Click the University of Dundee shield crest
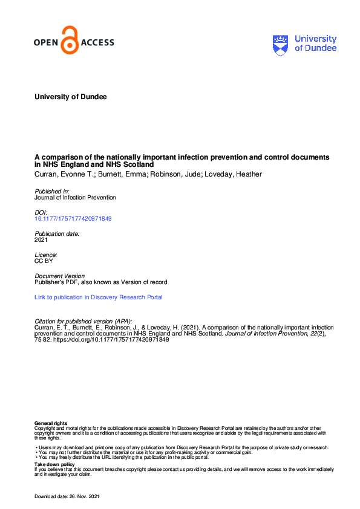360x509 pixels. point(281,44)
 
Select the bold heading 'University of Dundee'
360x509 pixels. point(71,97)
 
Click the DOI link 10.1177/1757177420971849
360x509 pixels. point(73,218)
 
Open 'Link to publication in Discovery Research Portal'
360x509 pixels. point(98,297)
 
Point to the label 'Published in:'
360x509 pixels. point(51,191)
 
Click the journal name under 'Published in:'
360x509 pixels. point(75,197)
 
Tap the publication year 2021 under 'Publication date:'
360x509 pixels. point(42,239)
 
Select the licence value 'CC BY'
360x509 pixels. point(44,261)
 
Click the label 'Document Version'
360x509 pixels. point(60,276)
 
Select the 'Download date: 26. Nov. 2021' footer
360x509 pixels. point(67,496)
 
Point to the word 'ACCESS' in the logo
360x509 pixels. point(97,43)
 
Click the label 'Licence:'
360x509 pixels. point(46,255)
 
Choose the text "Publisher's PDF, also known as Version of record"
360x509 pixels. point(100,282)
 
